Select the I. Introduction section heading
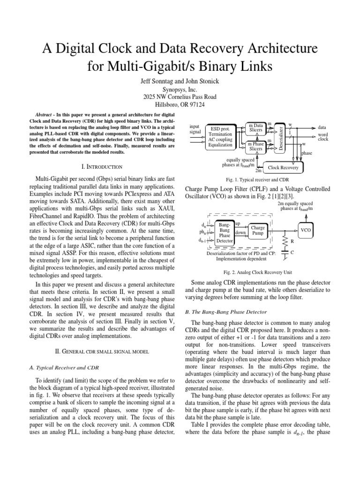tap(101, 166)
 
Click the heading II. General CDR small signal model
tap(101, 351)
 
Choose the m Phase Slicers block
tap(255, 146)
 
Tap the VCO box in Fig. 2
tap(306, 230)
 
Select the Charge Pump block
tap(258, 230)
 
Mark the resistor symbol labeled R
tap(284, 241)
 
